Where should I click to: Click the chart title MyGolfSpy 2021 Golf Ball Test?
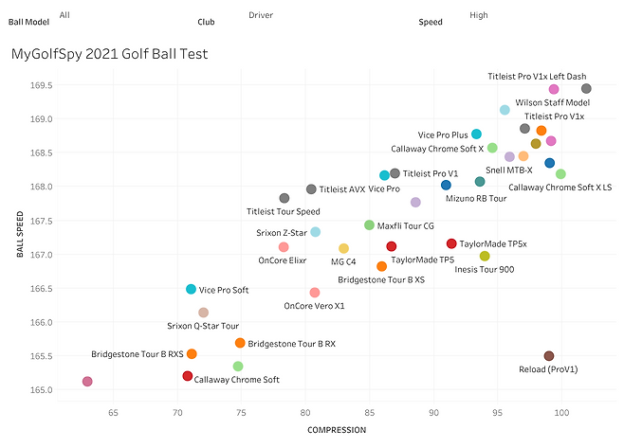(109, 55)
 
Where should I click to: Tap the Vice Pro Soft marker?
(192, 289)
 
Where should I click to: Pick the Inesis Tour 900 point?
(485, 256)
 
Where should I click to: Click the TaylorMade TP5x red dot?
(451, 243)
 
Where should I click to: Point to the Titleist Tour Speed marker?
(284, 198)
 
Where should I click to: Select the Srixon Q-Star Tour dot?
(203, 313)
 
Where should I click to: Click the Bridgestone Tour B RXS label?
(138, 354)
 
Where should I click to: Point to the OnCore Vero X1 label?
(315, 306)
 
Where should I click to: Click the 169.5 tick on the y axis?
(40, 85)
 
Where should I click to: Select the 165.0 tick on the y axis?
(40, 389)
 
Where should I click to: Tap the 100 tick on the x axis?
(561, 413)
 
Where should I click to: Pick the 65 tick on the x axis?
(113, 413)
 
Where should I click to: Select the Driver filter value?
(261, 15)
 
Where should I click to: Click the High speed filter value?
(479, 15)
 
